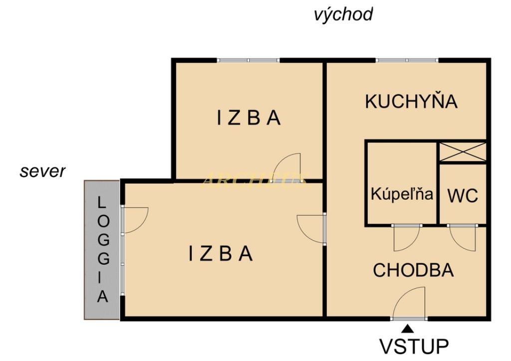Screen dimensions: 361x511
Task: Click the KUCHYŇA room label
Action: pyautogui.click(x=411, y=101)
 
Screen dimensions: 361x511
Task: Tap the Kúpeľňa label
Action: pyautogui.click(x=402, y=194)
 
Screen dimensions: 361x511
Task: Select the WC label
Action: pyautogui.click(x=463, y=195)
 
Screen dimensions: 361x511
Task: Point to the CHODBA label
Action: pyautogui.click(x=413, y=270)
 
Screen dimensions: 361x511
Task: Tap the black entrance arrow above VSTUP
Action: pyautogui.click(x=408, y=328)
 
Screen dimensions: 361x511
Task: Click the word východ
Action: pyautogui.click(x=343, y=14)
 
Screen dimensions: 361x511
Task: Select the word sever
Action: pyautogui.click(x=42, y=172)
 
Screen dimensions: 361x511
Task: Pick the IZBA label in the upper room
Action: pyautogui.click(x=249, y=118)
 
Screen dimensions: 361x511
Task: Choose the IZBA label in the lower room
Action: pyautogui.click(x=221, y=254)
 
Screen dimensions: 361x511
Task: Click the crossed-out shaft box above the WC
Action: pyautogui.click(x=462, y=152)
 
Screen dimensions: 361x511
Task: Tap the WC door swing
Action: pyautogui.click(x=461, y=237)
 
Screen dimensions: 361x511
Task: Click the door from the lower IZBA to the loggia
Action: pyautogui.click(x=134, y=220)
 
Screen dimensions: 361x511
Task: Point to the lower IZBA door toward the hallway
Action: pyautogui.click(x=311, y=228)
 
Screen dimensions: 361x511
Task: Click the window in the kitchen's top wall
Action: pyautogui.click(x=407, y=60)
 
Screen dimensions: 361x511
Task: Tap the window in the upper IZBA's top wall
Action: pyautogui.click(x=248, y=60)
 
